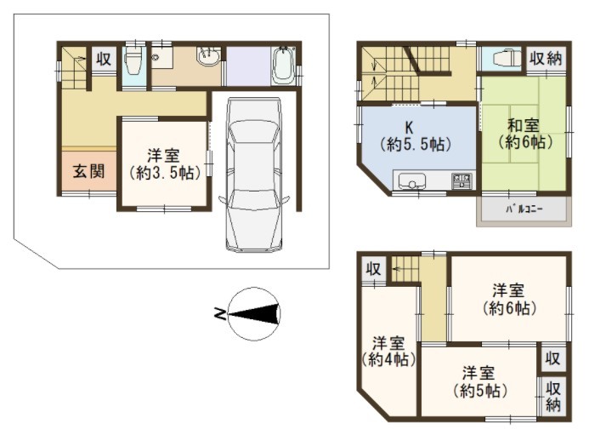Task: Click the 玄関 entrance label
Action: (88, 172)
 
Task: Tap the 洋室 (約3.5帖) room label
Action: (163, 164)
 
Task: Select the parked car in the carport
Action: (254, 175)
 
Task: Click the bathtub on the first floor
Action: (284, 65)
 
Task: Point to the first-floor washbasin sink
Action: (207, 57)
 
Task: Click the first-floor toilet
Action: (133, 61)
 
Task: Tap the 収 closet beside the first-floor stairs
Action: (104, 59)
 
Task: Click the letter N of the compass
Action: (220, 313)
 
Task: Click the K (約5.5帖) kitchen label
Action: (415, 136)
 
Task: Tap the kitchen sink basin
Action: (411, 181)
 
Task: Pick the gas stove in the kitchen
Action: (461, 180)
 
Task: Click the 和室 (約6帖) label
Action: (524, 133)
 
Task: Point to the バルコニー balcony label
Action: (524, 209)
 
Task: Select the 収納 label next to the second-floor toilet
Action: (546, 59)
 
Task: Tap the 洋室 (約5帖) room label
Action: (479, 381)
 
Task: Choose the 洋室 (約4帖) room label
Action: (388, 351)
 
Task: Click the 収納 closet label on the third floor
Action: (553, 396)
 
